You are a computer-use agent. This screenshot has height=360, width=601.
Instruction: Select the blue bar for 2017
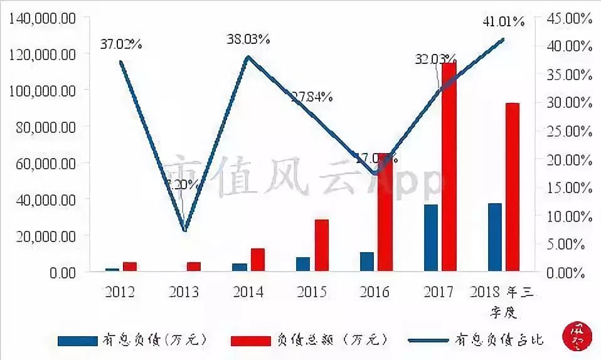(x=430, y=238)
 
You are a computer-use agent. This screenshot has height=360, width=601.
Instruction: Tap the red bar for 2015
(x=321, y=245)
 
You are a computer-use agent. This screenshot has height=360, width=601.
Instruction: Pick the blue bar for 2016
(x=367, y=262)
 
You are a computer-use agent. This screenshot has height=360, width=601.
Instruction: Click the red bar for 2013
(x=194, y=267)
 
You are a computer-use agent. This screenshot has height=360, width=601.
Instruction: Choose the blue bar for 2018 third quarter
(x=494, y=237)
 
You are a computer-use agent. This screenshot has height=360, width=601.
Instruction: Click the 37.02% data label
(x=121, y=44)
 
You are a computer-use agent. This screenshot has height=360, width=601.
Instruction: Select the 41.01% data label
(x=503, y=22)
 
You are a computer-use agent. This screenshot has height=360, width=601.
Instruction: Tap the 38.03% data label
(x=249, y=39)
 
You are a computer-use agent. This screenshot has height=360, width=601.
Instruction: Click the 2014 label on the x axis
(x=248, y=292)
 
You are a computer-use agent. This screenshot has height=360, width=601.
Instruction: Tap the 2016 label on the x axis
(x=375, y=292)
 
